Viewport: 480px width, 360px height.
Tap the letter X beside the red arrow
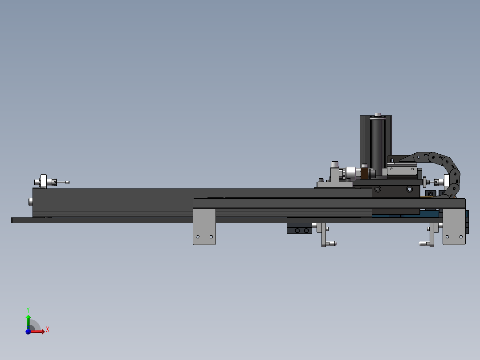tap(48, 330)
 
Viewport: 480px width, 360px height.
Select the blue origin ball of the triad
tap(28, 331)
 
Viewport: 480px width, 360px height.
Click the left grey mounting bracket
tap(204, 227)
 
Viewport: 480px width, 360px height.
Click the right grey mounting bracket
tap(454, 227)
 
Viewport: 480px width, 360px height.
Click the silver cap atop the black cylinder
tap(378, 115)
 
